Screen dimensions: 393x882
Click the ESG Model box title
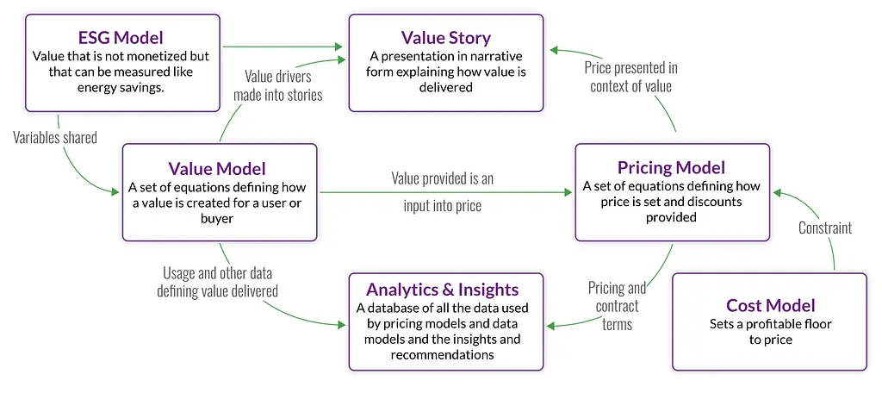121,37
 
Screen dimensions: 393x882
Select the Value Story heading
445,37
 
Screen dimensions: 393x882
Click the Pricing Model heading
672,167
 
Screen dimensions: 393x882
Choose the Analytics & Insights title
445,289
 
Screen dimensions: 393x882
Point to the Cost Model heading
770,305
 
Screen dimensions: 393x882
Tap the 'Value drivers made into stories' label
278,85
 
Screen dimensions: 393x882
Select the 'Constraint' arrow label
824,228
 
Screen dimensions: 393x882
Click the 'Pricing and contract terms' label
617,306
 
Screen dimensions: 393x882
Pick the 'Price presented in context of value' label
631,77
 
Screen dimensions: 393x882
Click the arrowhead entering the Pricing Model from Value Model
568,192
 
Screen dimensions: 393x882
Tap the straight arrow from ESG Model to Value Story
283,47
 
